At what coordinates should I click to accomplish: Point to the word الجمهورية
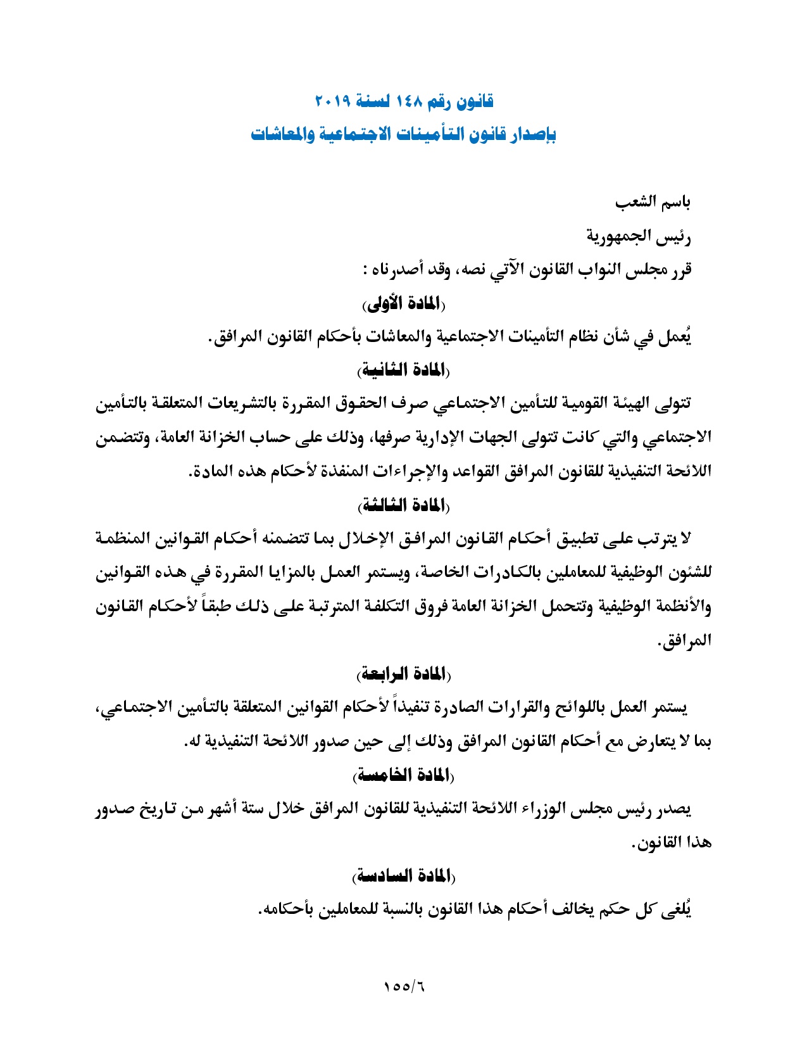(x=625, y=237)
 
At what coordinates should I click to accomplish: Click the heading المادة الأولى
(x=403, y=304)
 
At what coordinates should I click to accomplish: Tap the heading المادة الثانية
(x=403, y=370)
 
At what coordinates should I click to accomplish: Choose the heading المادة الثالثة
(x=403, y=505)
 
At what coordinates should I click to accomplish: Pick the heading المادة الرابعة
(x=403, y=673)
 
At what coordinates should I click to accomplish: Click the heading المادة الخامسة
(x=403, y=775)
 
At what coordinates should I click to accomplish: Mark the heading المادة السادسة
(x=403, y=877)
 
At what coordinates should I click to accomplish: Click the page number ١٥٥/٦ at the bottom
(x=403, y=987)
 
